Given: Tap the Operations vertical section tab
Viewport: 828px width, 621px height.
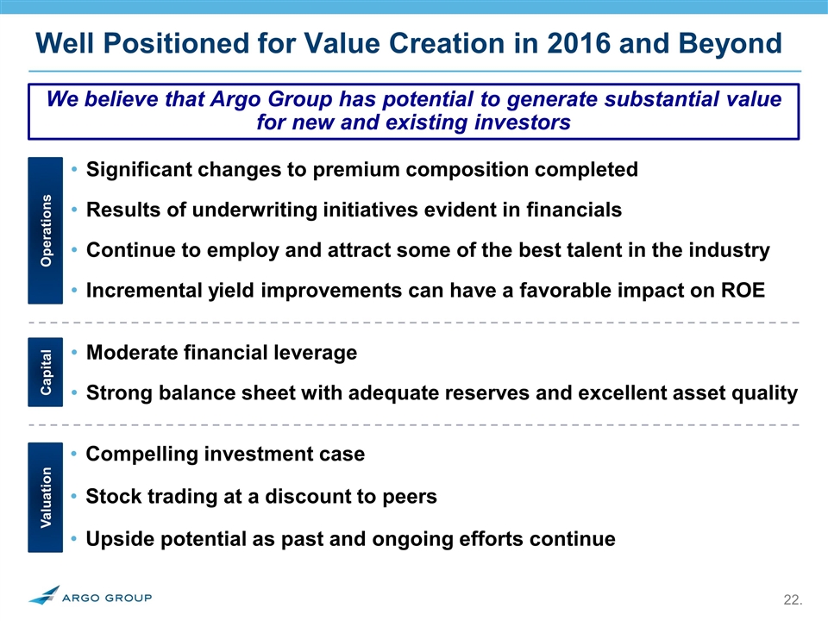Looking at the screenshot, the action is point(46,230).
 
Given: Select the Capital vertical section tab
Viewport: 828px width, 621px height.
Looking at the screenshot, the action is point(46,372).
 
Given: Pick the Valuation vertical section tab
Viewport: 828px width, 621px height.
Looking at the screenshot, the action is point(46,498).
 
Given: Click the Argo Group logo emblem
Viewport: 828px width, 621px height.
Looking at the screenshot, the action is point(44,594).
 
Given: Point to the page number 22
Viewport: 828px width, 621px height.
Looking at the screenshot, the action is point(793,600).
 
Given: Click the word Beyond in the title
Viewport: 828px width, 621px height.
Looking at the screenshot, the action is point(730,43).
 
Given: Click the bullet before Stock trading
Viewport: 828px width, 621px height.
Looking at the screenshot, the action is point(74,497).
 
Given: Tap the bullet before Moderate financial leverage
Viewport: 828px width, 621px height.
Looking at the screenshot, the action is point(74,352).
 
